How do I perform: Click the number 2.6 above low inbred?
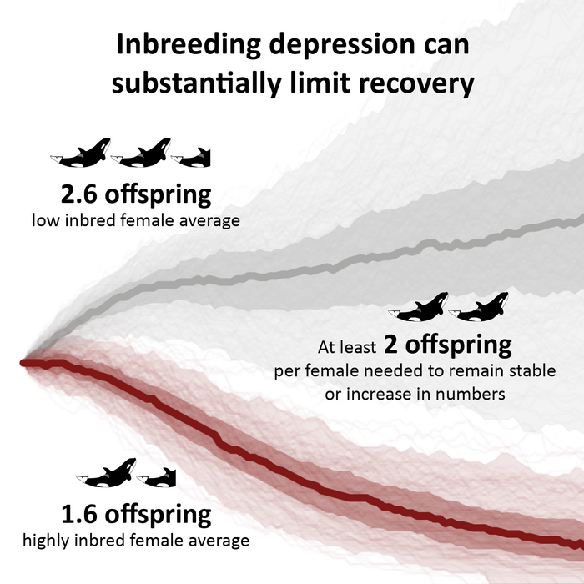point(84,195)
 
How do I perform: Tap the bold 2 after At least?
point(390,344)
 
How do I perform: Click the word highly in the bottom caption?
point(45,541)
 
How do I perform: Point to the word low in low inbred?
point(45,221)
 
